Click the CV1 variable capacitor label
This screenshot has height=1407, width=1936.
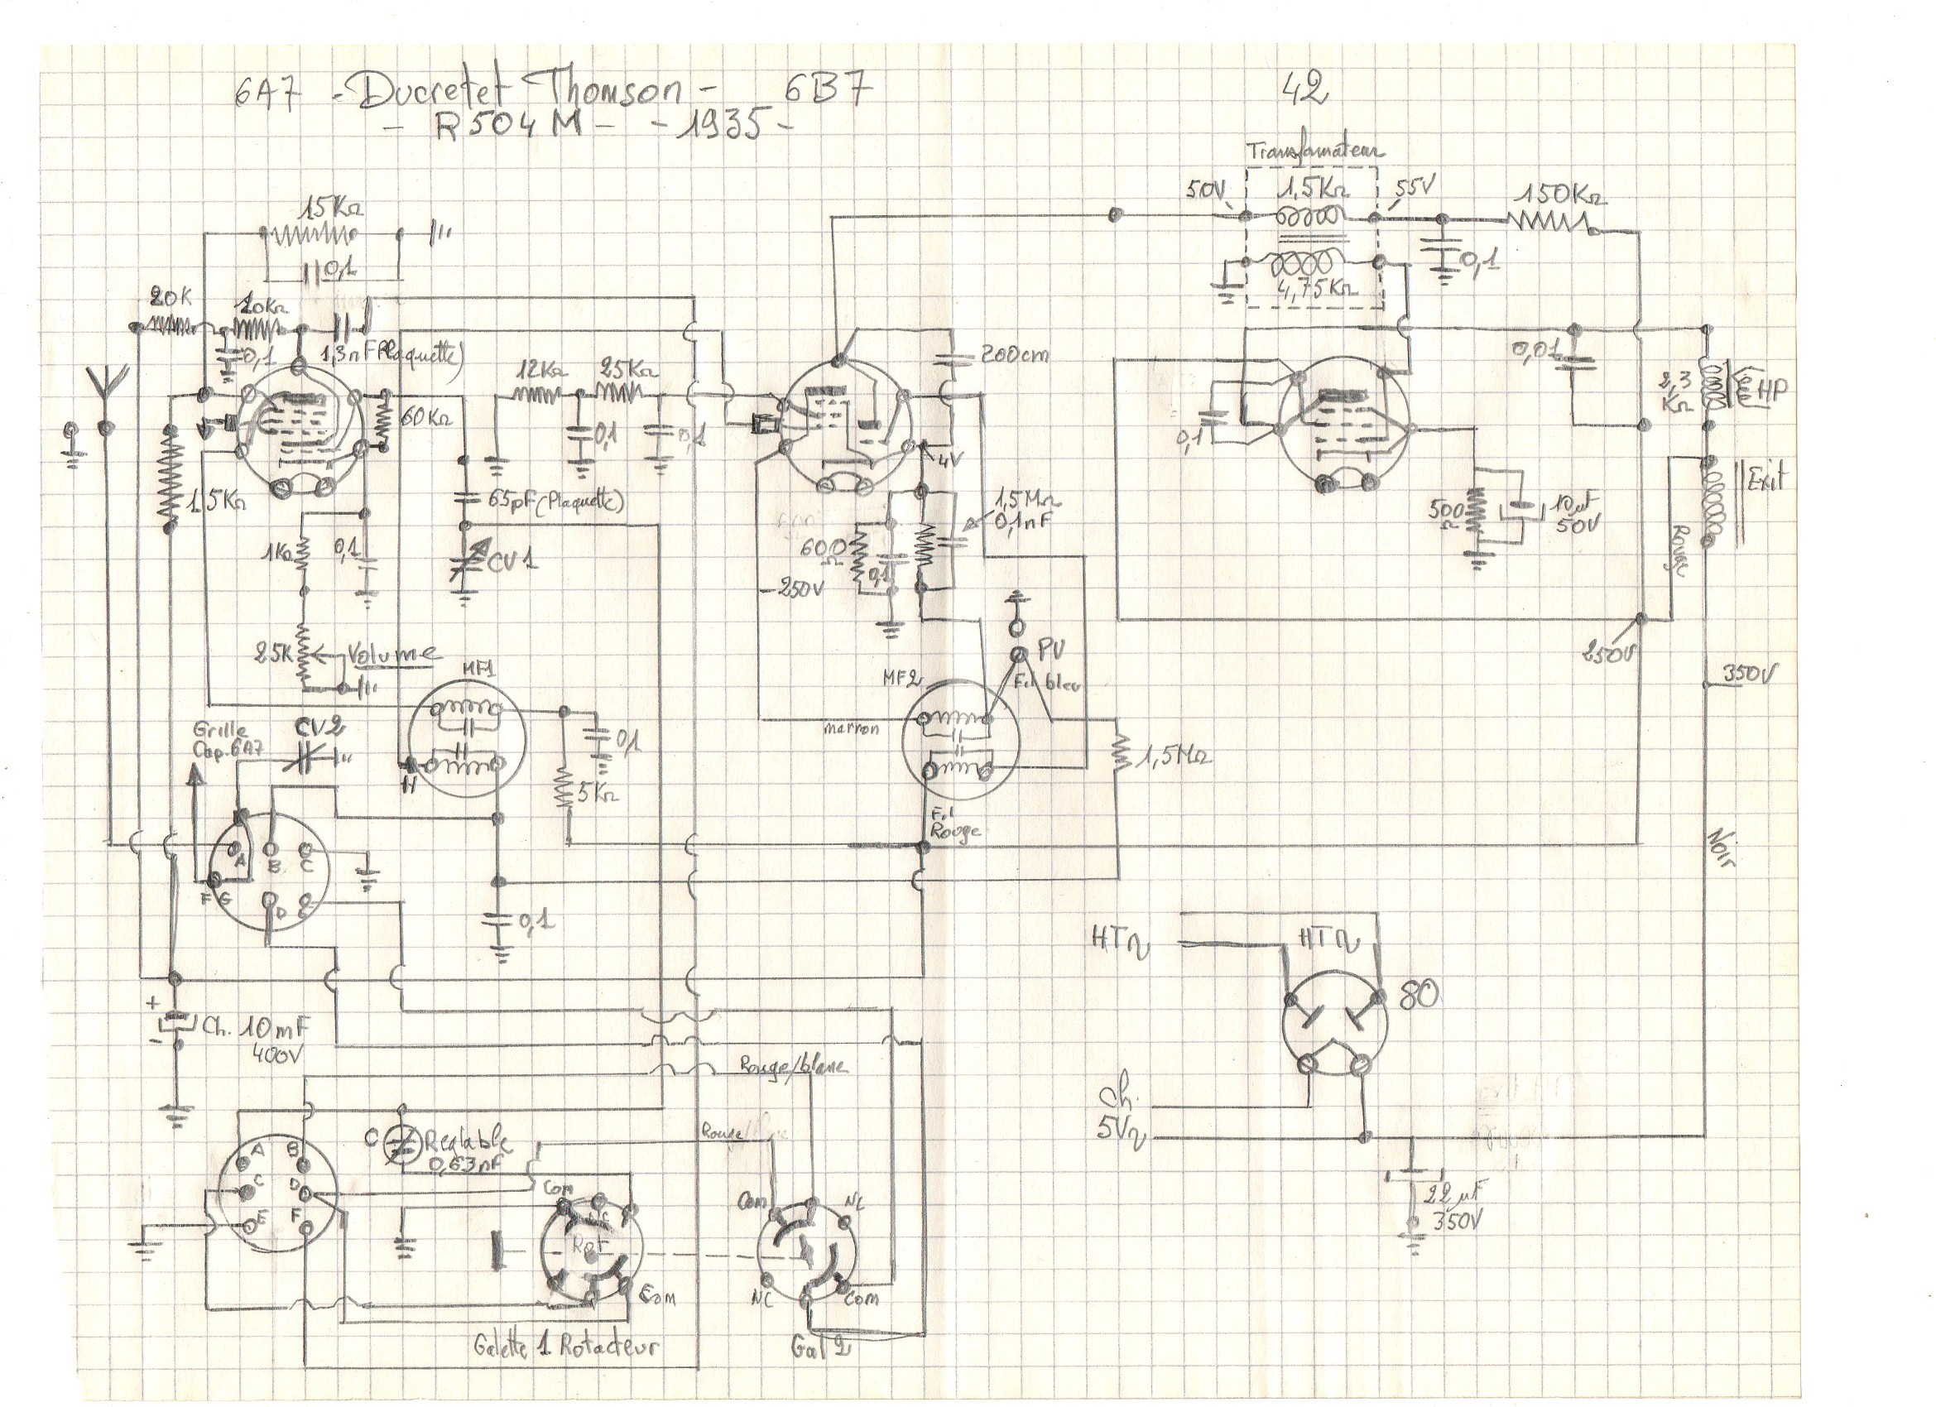514,561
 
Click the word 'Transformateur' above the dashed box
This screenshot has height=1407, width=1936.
1315,153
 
